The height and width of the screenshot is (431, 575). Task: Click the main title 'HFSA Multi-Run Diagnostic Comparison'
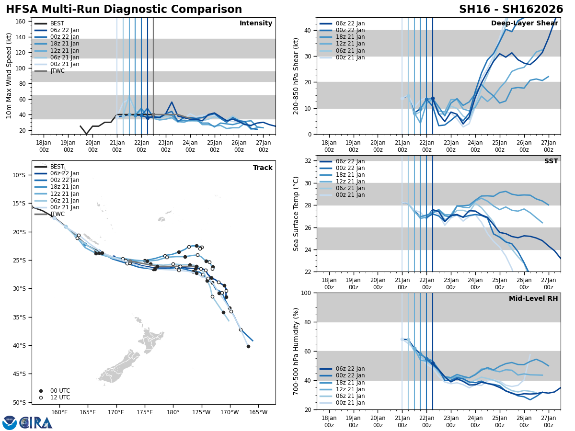124,10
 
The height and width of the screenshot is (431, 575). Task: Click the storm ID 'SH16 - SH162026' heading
511,10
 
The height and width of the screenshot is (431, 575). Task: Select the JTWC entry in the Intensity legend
57,71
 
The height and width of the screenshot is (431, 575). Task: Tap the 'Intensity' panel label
255,23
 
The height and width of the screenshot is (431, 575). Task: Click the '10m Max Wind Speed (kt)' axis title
9,76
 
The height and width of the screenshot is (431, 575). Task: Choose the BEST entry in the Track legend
57,167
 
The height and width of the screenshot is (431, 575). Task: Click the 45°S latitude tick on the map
19,374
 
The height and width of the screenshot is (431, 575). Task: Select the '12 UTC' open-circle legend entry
60,397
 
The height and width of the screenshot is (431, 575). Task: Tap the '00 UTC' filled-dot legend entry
60,391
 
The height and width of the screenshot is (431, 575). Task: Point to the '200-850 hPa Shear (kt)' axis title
296,76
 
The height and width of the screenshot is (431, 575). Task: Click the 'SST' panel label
551,161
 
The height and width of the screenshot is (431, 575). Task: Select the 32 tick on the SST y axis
308,161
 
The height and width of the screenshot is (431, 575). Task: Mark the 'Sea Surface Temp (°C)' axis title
296,214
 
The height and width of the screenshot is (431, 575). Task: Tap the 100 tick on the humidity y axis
306,293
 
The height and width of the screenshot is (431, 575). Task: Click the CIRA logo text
36,422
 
